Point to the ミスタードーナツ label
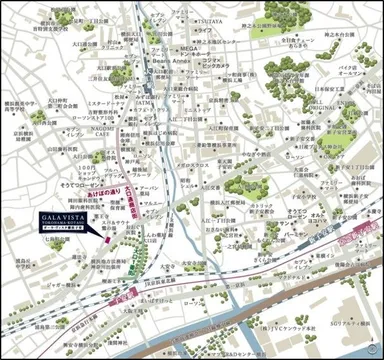click(x=108, y=102)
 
